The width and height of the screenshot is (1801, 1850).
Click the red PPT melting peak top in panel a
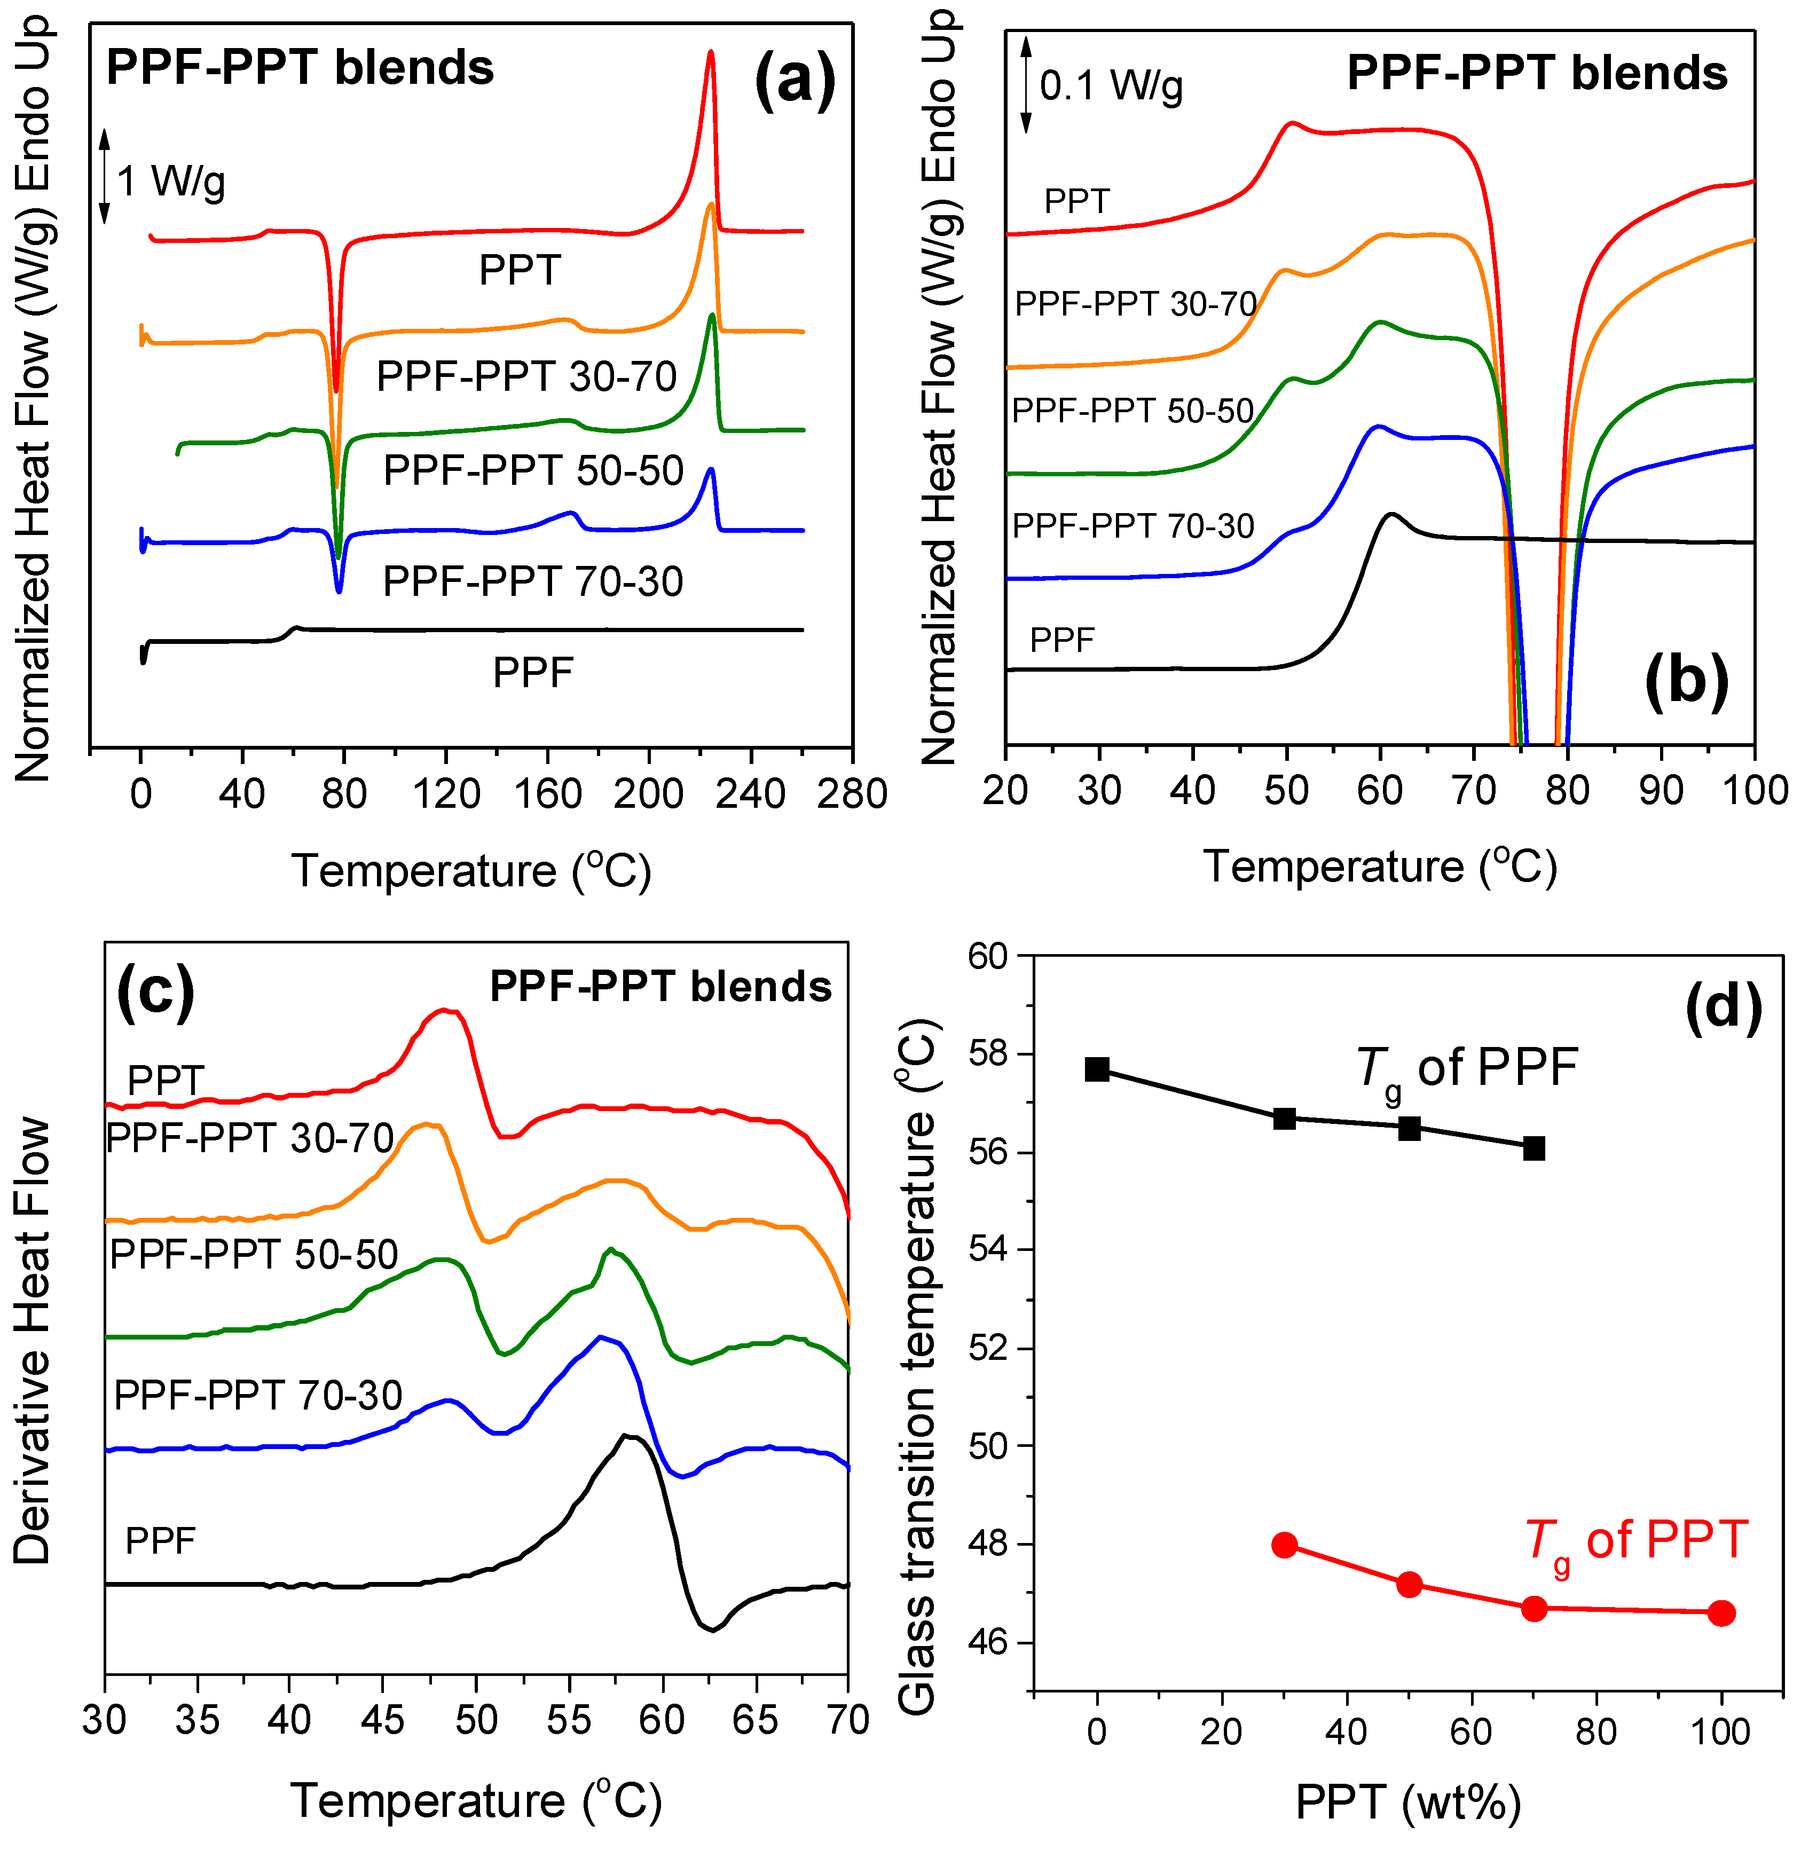point(710,54)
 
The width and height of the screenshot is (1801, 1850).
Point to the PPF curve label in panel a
point(532,673)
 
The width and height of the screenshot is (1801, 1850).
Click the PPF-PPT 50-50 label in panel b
point(1132,411)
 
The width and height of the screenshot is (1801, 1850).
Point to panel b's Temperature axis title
point(1380,867)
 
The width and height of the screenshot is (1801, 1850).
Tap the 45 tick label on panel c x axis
point(382,1718)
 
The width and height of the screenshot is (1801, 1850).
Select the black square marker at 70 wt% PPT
point(1533,1148)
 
